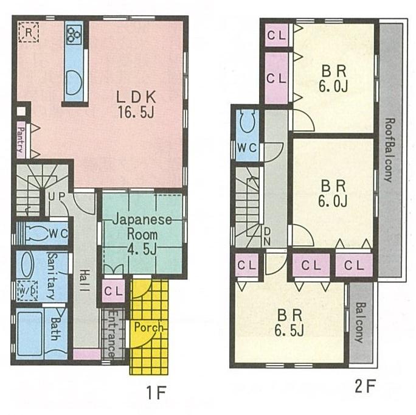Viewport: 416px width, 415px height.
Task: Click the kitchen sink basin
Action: point(74,81)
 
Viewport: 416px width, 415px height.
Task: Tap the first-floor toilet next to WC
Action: point(38,232)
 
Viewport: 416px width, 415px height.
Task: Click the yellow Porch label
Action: point(149,327)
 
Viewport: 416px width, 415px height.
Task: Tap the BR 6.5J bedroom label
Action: point(291,323)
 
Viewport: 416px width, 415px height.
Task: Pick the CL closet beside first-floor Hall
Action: point(113,291)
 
